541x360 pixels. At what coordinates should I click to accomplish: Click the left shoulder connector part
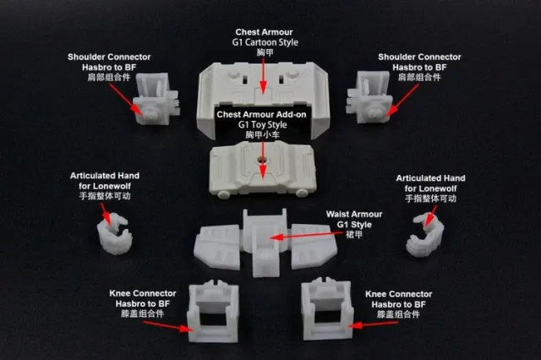click(156, 100)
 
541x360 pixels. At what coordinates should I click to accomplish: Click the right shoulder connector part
click(370, 97)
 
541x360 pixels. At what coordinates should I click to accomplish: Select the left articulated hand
click(114, 234)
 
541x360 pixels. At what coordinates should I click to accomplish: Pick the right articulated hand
click(425, 235)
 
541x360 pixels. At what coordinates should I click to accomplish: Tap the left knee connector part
click(213, 311)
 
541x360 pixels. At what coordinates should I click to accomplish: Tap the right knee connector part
click(327, 309)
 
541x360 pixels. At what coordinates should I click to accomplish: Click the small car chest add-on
click(263, 172)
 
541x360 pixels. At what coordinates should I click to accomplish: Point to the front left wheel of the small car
click(223, 194)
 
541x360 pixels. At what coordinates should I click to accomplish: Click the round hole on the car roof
click(262, 160)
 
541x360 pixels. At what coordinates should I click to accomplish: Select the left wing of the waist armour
click(217, 247)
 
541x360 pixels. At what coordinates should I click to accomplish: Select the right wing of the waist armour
click(314, 245)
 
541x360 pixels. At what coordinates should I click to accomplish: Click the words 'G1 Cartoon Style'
click(265, 42)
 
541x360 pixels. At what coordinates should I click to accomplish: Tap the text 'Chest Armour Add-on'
click(261, 114)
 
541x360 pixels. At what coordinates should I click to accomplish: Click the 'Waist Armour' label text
click(354, 214)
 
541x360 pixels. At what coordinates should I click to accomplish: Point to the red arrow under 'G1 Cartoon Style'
click(263, 75)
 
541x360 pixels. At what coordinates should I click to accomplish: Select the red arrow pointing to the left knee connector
click(168, 326)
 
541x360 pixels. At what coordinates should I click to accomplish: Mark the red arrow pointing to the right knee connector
click(374, 325)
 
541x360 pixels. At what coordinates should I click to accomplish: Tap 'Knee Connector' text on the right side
click(398, 294)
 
